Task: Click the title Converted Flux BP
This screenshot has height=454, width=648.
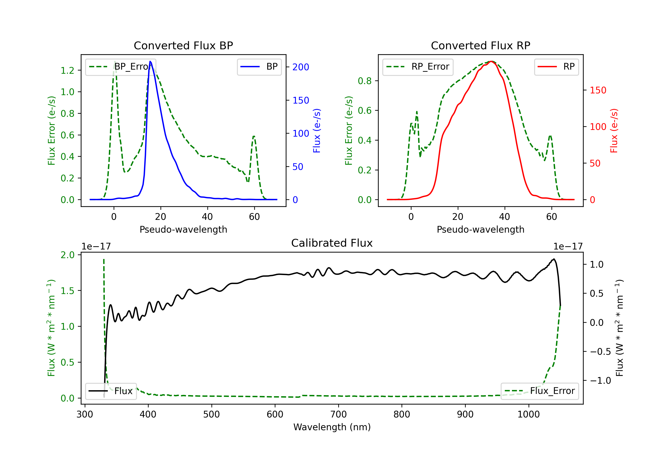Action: tap(183, 45)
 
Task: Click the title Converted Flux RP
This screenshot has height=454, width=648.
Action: tap(480, 45)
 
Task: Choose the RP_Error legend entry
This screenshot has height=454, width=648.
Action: tap(418, 67)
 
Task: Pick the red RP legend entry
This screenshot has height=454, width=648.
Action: tap(556, 67)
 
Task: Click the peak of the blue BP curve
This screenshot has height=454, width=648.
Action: tap(150, 61)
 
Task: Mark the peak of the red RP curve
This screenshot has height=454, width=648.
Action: tap(491, 61)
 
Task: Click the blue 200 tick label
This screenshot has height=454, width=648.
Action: tap(301, 67)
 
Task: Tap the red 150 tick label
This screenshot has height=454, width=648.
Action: tap(598, 90)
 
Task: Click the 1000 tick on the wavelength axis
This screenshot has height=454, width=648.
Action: tap(528, 414)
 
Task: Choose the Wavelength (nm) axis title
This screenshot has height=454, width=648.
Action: tap(332, 427)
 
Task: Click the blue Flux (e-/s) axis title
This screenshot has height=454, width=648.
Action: tap(317, 131)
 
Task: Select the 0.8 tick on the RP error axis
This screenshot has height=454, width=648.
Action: tap(365, 81)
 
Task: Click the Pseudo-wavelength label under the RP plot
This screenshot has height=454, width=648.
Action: tap(480, 229)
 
